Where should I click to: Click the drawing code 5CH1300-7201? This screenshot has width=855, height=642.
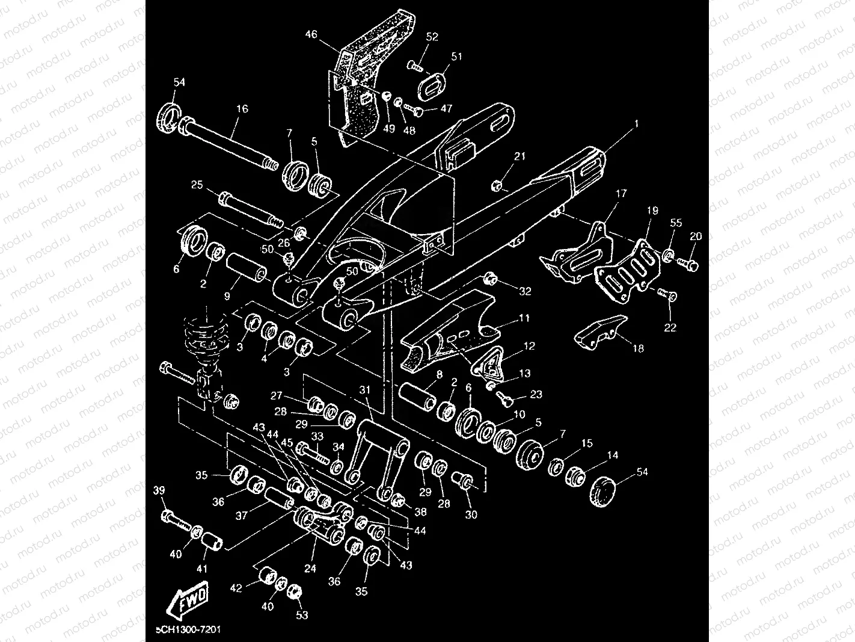click(188, 629)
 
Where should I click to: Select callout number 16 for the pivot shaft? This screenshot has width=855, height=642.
click(242, 109)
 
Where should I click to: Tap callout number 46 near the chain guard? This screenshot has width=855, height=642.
click(311, 34)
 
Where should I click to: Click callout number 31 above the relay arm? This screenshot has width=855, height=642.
click(365, 390)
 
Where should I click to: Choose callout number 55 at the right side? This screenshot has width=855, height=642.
click(676, 223)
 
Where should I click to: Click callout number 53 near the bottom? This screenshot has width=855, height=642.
click(301, 614)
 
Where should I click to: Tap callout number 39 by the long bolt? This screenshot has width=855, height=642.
click(159, 490)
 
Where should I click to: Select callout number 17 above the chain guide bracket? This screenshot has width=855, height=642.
click(621, 193)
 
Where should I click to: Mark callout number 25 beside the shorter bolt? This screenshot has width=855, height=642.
click(197, 184)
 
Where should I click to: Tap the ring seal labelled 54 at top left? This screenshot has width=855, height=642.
click(170, 116)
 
